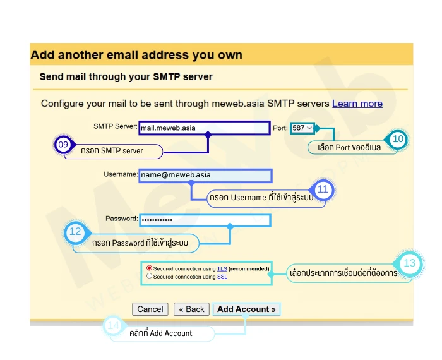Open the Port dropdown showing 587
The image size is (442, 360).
click(302, 128)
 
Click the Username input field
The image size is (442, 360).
click(205, 175)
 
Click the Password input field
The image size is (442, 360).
click(205, 220)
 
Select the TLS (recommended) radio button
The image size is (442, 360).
click(149, 268)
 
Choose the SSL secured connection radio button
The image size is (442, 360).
click(149, 276)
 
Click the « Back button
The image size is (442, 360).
click(191, 309)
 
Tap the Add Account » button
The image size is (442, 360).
click(246, 309)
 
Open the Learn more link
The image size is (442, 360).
click(357, 104)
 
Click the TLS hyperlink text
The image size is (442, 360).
click(222, 269)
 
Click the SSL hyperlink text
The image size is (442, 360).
click(222, 277)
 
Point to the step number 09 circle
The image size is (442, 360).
click(63, 145)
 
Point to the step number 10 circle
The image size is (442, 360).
click(398, 139)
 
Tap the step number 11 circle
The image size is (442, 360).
click(323, 189)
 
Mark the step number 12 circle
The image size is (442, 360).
click(75, 232)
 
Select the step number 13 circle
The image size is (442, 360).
click(409, 263)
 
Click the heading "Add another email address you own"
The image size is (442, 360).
click(136, 55)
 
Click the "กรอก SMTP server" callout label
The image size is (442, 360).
click(112, 152)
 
